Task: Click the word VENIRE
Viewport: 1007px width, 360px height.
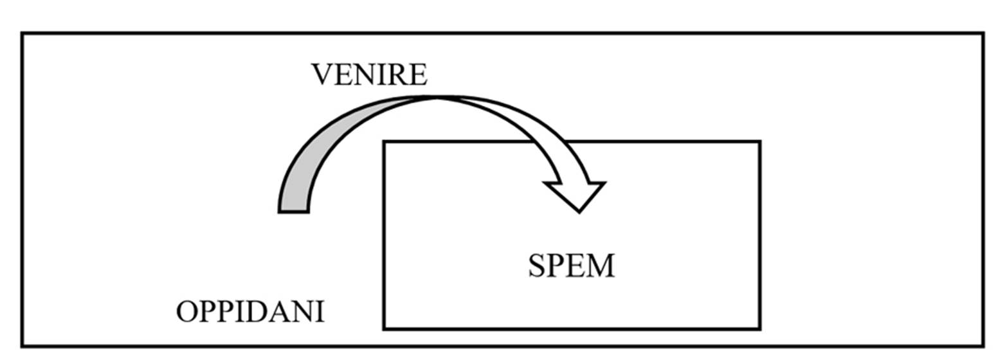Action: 369,75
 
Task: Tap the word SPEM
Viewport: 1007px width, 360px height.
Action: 571,266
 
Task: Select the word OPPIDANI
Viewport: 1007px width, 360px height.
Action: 250,312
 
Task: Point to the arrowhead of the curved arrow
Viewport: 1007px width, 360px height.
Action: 576,194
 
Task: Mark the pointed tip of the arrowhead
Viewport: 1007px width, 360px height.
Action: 579,212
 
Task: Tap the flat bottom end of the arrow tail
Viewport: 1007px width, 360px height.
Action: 293,211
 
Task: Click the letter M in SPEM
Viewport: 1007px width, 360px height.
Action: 601,266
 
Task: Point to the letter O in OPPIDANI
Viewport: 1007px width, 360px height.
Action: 187,312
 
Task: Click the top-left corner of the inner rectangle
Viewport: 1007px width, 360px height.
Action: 384,141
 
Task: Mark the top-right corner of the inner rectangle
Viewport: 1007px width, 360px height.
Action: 760,141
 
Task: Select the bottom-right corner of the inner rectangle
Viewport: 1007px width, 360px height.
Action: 760,328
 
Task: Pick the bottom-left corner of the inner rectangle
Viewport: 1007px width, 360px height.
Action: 384,328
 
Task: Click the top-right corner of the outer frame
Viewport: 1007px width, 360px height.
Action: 983,33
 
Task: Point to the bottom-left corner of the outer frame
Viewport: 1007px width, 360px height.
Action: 23,346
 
